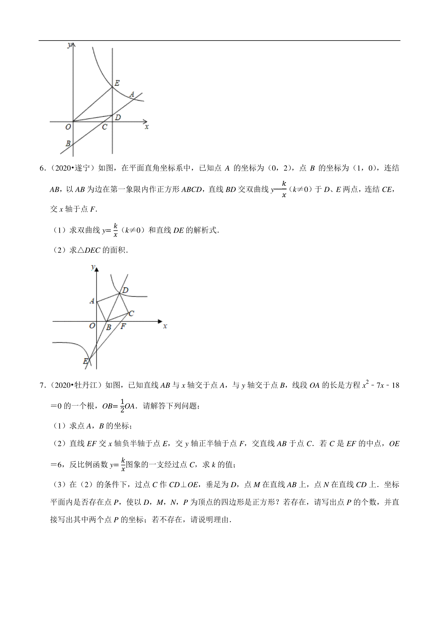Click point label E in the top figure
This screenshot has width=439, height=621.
tap(117, 83)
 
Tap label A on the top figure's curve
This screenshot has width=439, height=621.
tap(132, 94)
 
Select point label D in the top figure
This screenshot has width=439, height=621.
tap(117, 117)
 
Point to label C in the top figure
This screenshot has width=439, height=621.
tap(105, 127)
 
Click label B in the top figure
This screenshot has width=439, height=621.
tap(68, 144)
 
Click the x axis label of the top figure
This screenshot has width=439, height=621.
tap(147, 127)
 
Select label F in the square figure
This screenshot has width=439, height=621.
tap(123, 326)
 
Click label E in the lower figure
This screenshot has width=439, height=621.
tap(86, 361)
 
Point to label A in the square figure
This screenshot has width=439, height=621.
tap(92, 301)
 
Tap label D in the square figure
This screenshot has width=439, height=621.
tap(125, 290)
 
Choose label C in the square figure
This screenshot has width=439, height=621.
tap(131, 313)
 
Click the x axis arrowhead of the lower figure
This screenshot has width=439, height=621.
tap(160, 321)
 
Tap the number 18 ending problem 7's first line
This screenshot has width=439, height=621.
tap(395, 385)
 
